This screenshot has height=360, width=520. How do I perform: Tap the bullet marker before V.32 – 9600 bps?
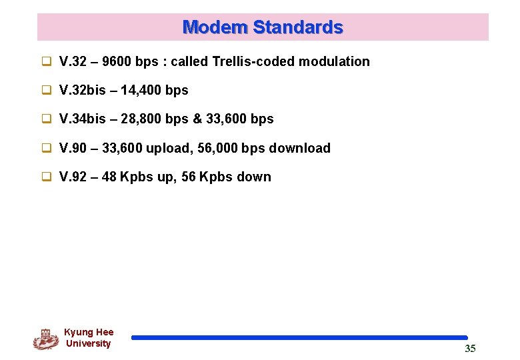[x=47, y=61]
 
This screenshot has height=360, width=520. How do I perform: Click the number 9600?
[x=116, y=61]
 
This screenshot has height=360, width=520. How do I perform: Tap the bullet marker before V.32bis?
[x=47, y=90]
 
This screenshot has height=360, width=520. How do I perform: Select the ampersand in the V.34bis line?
[x=198, y=119]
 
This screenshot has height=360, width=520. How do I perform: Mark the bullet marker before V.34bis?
[x=47, y=119]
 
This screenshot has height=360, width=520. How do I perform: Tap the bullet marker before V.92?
[x=47, y=177]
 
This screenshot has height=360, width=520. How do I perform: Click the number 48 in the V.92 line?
[x=112, y=177]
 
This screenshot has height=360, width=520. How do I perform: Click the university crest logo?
[x=45, y=339]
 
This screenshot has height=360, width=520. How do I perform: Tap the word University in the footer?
[x=88, y=344]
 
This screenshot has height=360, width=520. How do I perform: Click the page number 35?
[x=470, y=349]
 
